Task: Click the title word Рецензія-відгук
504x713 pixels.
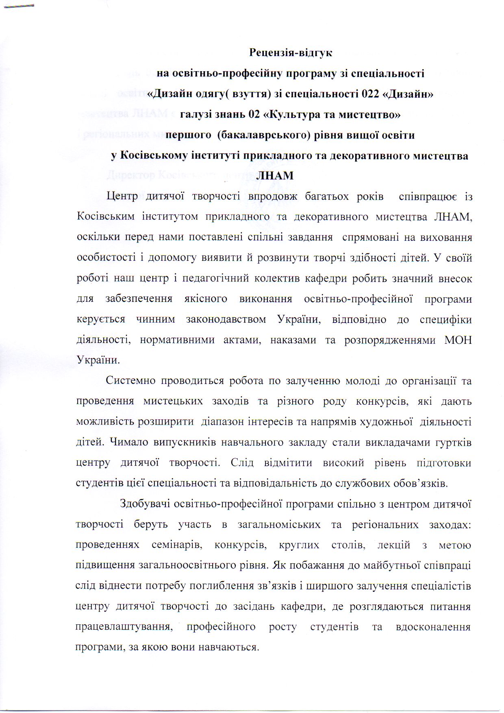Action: (x=291, y=53)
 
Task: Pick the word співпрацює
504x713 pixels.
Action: (x=428, y=196)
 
